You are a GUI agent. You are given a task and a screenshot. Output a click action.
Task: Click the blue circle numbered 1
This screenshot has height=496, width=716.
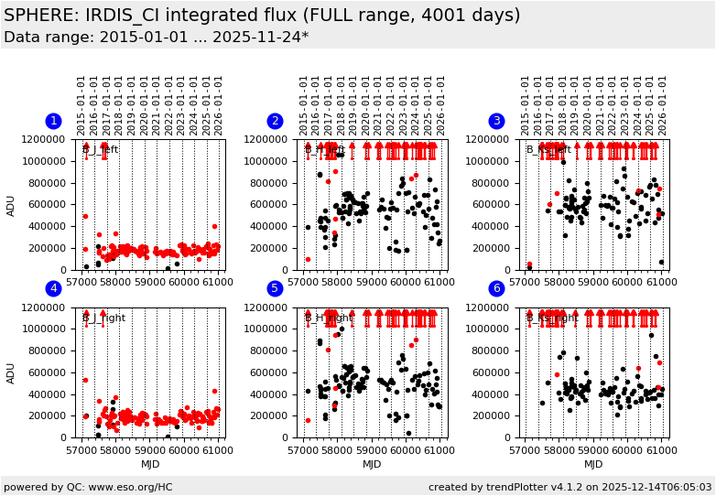(x=53, y=121)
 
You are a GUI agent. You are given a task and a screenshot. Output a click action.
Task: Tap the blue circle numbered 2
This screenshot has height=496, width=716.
(x=275, y=121)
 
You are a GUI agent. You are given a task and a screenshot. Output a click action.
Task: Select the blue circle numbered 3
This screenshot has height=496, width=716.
(x=496, y=121)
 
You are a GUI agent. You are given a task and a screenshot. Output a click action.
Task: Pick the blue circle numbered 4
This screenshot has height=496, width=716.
(x=53, y=289)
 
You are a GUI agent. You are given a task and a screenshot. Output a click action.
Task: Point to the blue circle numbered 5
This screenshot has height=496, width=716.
(x=275, y=289)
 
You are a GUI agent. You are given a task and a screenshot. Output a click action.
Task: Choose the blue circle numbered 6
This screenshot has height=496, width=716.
(x=496, y=289)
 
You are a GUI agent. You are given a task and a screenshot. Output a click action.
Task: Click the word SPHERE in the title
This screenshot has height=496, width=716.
(x=41, y=16)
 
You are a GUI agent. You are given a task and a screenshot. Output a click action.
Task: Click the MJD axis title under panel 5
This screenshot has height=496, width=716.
(x=372, y=464)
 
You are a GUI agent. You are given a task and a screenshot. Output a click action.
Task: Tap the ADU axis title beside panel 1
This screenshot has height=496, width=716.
(x=12, y=205)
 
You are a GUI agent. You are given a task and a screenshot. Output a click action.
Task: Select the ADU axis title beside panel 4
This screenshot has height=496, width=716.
(x=12, y=373)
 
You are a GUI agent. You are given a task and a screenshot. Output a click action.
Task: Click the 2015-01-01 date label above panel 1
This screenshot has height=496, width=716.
(x=81, y=104)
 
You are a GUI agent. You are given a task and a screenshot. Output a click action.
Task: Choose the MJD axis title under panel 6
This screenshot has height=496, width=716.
(x=593, y=464)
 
